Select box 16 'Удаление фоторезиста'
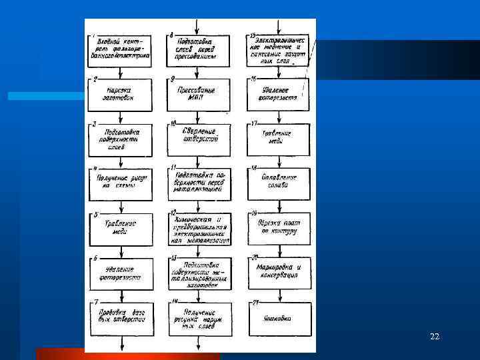[x=279, y=95]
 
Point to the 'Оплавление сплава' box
[x=279, y=182]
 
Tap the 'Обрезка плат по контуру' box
[x=279, y=227]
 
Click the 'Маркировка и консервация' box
[x=279, y=272]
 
